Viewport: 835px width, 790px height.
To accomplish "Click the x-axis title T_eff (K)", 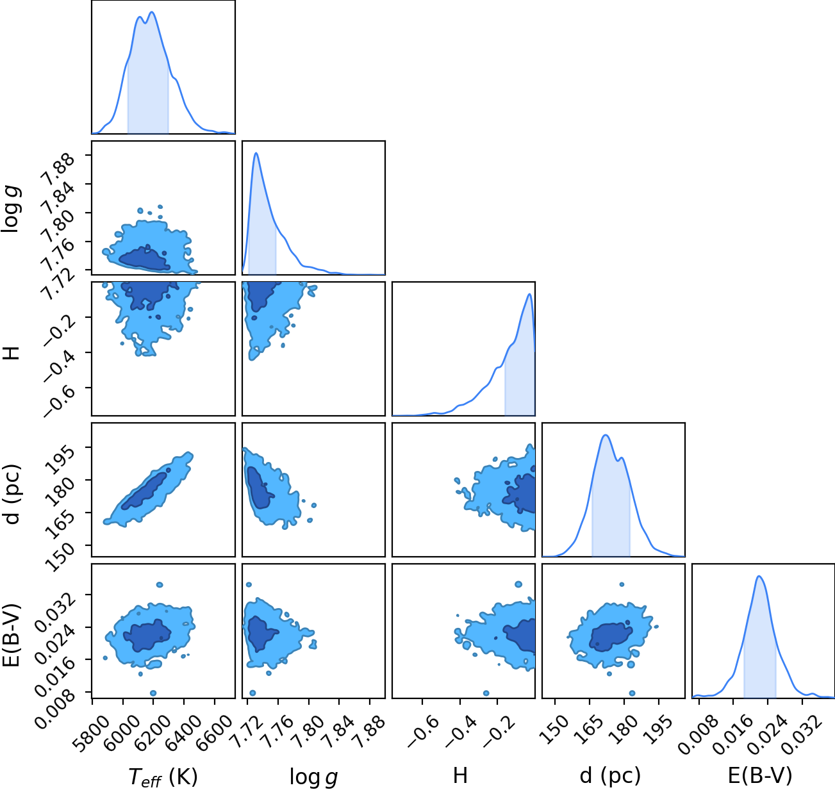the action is (x=163, y=777).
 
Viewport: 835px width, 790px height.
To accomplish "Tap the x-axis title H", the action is (x=460, y=775).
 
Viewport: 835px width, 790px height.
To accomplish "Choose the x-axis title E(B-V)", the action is (x=760, y=776).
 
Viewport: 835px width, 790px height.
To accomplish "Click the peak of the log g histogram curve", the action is (x=256, y=153).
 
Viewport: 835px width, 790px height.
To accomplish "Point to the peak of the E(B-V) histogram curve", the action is (x=759, y=577).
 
